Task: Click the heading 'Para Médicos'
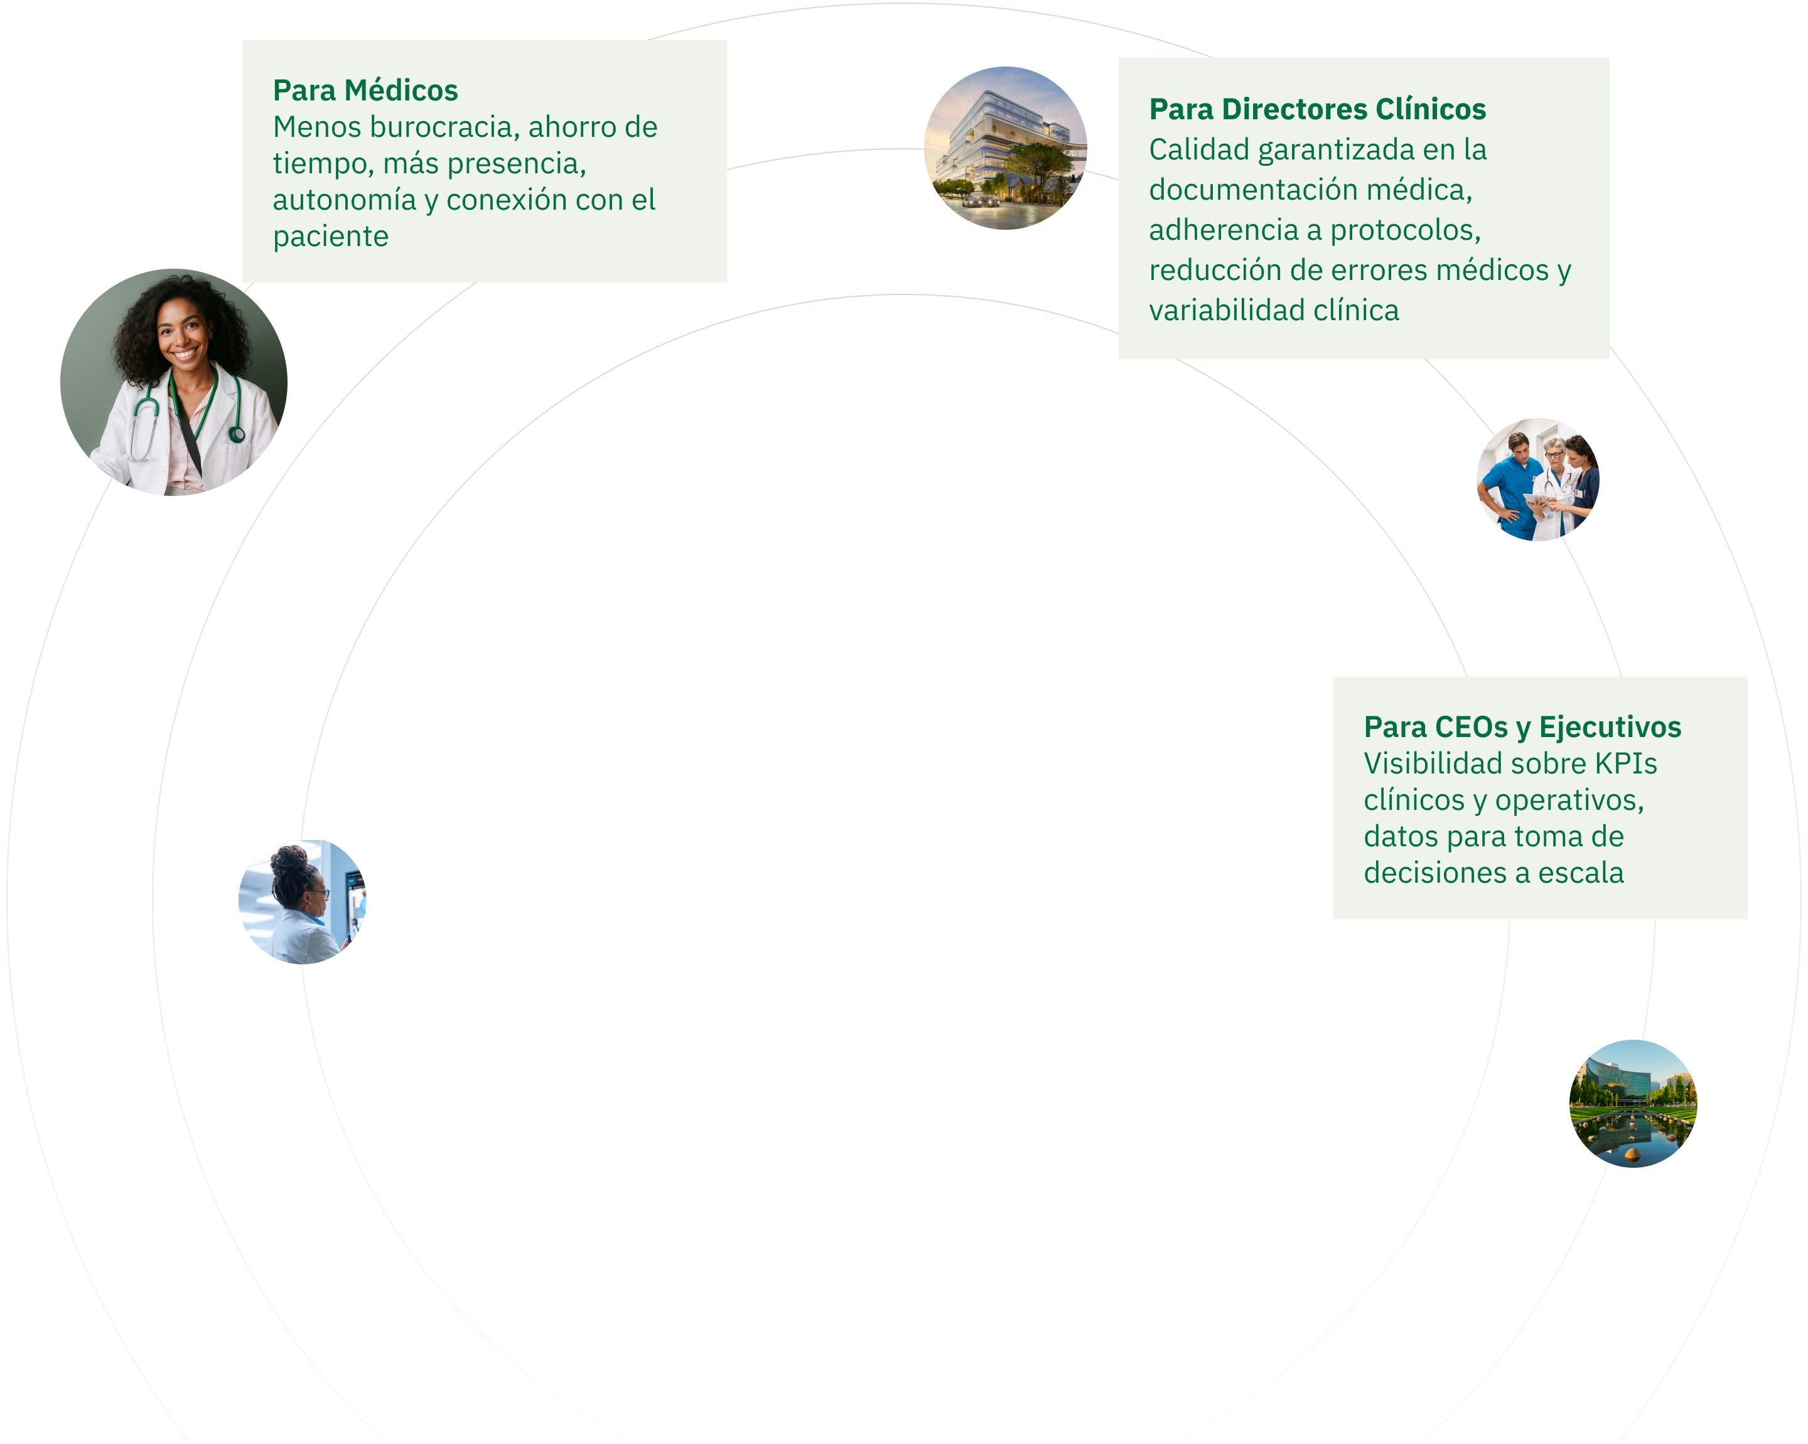point(365,90)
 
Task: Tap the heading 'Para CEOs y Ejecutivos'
point(1522,727)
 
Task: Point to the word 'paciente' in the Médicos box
point(330,237)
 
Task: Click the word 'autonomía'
point(344,200)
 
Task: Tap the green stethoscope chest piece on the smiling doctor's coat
point(237,434)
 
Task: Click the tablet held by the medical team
point(1536,500)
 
